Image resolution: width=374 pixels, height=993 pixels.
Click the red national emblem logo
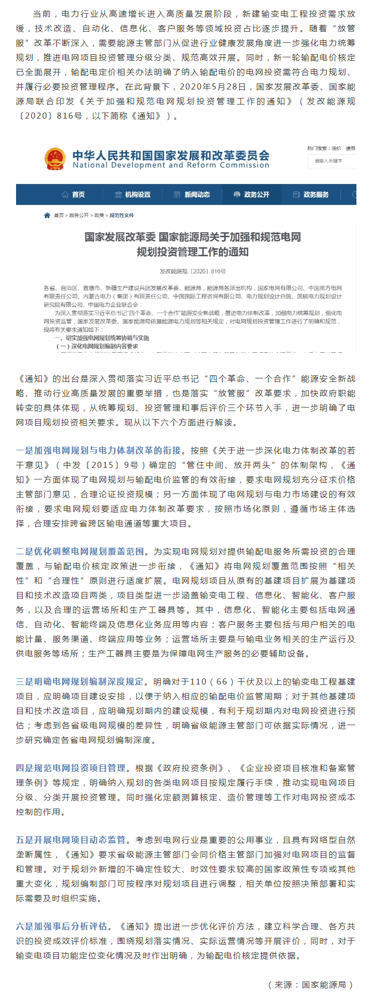point(55,159)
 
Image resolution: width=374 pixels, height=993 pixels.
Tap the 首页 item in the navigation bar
point(73,195)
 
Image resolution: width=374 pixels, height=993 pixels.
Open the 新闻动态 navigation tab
point(192,195)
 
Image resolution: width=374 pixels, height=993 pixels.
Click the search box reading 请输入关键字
point(332,161)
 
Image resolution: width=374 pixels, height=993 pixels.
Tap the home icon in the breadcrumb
point(47,216)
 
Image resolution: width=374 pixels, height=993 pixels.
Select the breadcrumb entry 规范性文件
point(122,216)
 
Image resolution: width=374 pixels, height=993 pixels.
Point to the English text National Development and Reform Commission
point(171,165)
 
